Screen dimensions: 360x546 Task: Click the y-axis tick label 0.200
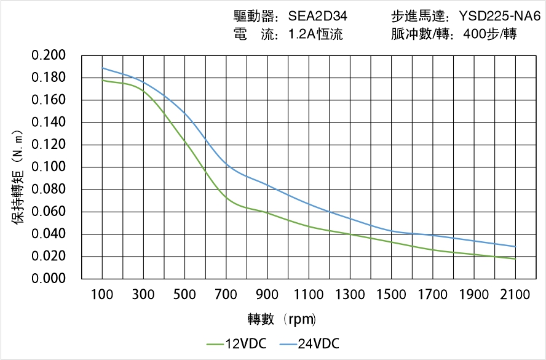49,55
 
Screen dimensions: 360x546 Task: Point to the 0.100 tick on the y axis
49,167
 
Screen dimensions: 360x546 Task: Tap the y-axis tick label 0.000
49,279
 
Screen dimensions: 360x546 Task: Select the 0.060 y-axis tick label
49,212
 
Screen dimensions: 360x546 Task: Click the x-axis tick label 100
102,295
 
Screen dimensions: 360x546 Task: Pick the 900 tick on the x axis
267,295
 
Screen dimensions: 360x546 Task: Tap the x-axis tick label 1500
391,295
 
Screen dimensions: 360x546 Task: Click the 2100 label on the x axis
515,295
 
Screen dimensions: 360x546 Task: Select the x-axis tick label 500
184,295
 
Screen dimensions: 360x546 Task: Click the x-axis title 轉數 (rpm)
282,319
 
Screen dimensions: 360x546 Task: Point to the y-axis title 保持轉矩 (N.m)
18,176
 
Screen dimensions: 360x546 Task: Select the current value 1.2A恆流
315,34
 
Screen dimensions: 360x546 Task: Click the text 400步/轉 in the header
490,34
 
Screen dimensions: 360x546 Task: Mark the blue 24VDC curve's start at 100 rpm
102,68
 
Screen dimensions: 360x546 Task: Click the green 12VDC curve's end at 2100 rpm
515,259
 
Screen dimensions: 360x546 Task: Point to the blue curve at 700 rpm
226,164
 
